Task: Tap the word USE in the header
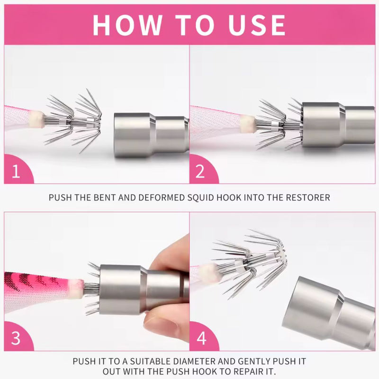tap(257, 25)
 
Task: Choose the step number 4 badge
tap(202, 338)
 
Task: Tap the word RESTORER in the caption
tap(308, 198)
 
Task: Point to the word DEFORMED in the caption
tap(162, 198)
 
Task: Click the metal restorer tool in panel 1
tap(152, 135)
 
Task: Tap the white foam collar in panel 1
tap(36, 119)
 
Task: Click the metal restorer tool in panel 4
tap(329, 312)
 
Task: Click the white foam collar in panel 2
tap(247, 124)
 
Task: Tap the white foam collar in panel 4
tap(210, 274)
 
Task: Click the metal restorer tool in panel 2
tap(338, 125)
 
